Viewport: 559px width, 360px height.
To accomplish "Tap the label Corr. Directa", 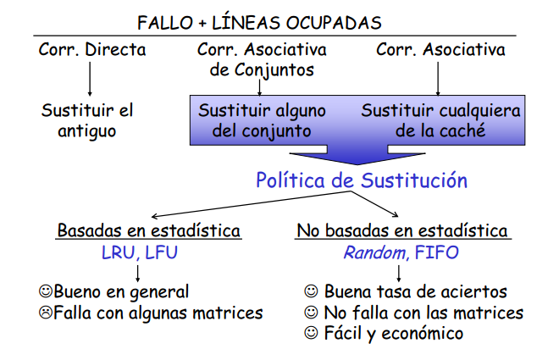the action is [x=92, y=50].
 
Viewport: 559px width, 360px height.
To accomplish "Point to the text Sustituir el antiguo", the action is [x=87, y=119].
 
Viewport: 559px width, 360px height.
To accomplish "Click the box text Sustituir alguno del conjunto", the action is [x=255, y=120].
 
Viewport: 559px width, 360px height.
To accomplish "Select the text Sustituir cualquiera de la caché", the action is [x=440, y=120].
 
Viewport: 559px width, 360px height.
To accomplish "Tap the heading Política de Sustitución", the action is [x=362, y=180].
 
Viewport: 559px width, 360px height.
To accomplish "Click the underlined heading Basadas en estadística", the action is [x=148, y=230].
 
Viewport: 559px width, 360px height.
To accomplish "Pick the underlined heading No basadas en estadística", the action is [x=402, y=230].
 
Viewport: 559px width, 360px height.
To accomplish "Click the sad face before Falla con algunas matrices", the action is [x=46, y=313].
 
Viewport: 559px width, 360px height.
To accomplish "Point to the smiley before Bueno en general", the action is [x=46, y=292].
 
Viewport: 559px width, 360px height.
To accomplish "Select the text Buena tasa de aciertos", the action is [x=415, y=292].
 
